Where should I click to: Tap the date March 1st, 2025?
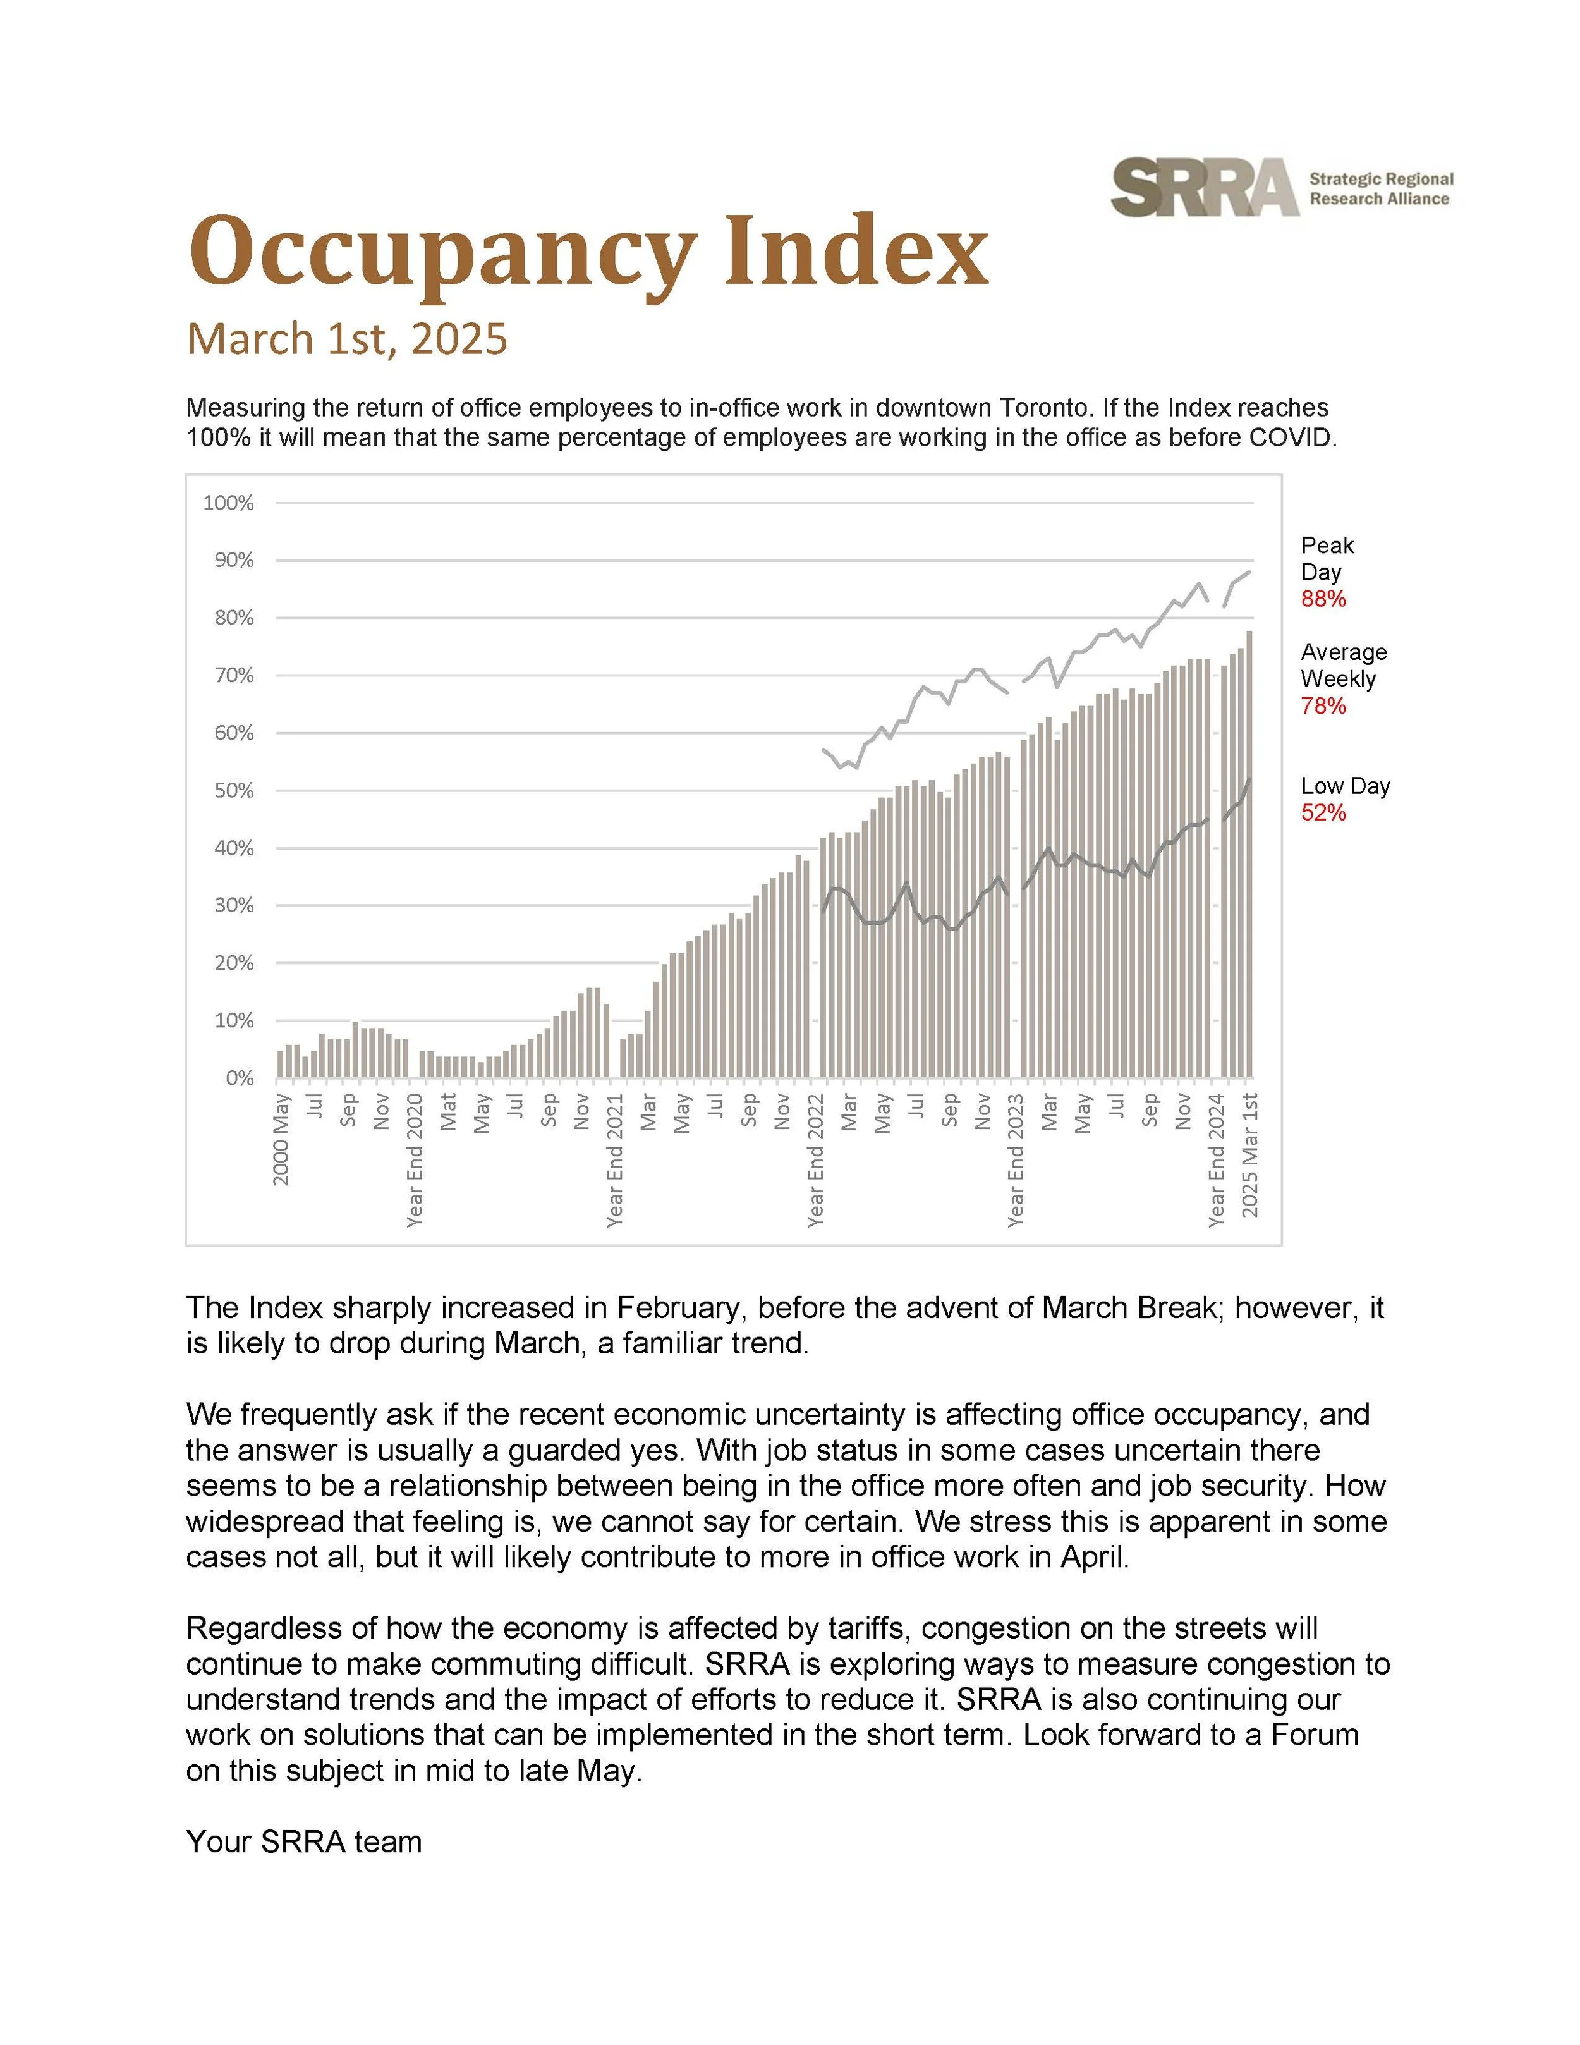[x=346, y=339]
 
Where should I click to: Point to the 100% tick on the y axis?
[x=228, y=503]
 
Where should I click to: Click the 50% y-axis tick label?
[x=233, y=790]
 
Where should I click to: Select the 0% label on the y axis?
[x=240, y=1078]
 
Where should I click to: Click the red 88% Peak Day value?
[x=1323, y=599]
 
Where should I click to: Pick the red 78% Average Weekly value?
[x=1323, y=706]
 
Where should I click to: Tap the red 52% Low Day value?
[x=1323, y=813]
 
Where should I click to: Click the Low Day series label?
[x=1345, y=786]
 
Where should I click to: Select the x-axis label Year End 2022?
[x=816, y=1159]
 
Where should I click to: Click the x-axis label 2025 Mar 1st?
[x=1249, y=1154]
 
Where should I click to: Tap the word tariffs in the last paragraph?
[x=868, y=1628]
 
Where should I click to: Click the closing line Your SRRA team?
[x=304, y=1842]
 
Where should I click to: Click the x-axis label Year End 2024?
[x=1217, y=1159]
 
